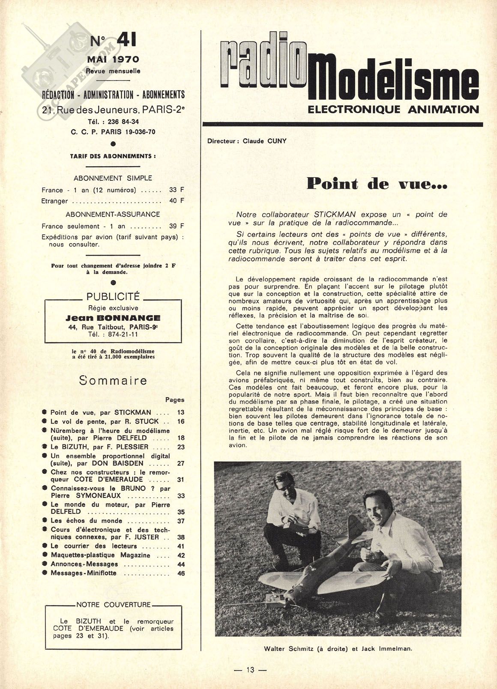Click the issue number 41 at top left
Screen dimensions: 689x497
[x=126, y=41]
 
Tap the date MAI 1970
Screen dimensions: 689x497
[x=113, y=60]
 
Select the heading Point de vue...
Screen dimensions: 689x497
[x=377, y=184]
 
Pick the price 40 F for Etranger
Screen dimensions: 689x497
[x=177, y=200]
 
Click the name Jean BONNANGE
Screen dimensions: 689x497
[x=113, y=318]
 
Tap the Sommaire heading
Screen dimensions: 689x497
[x=113, y=380]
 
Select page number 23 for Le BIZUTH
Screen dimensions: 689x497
[x=181, y=447]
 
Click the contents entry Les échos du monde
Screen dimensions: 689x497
[x=87, y=521]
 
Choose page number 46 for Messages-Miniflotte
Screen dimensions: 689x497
[x=181, y=573]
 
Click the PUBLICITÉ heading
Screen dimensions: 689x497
[x=113, y=296]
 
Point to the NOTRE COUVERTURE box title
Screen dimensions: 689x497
[x=114, y=605]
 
